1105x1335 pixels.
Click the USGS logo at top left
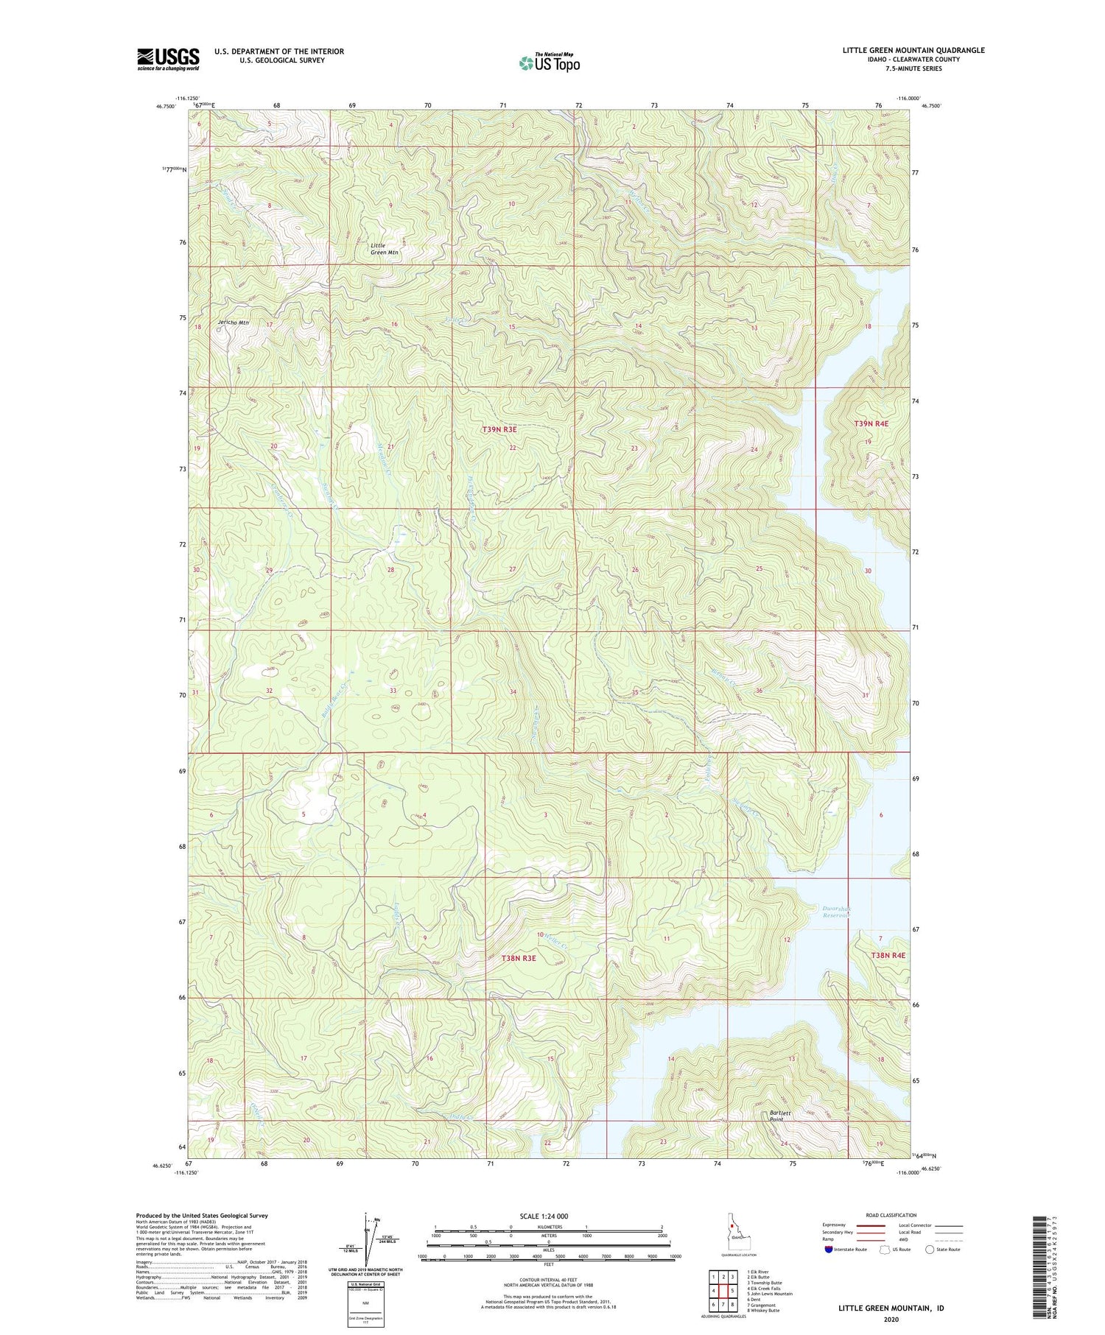click(x=168, y=59)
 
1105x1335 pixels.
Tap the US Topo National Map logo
click(x=549, y=63)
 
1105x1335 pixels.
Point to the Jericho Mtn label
click(x=233, y=323)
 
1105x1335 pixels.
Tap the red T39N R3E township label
click(x=499, y=429)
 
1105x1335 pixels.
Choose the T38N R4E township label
click(x=888, y=955)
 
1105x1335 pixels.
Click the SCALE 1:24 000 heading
click(x=548, y=1216)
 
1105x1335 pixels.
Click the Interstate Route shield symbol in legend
click(x=829, y=1250)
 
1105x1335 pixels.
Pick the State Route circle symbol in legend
click(x=930, y=1250)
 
